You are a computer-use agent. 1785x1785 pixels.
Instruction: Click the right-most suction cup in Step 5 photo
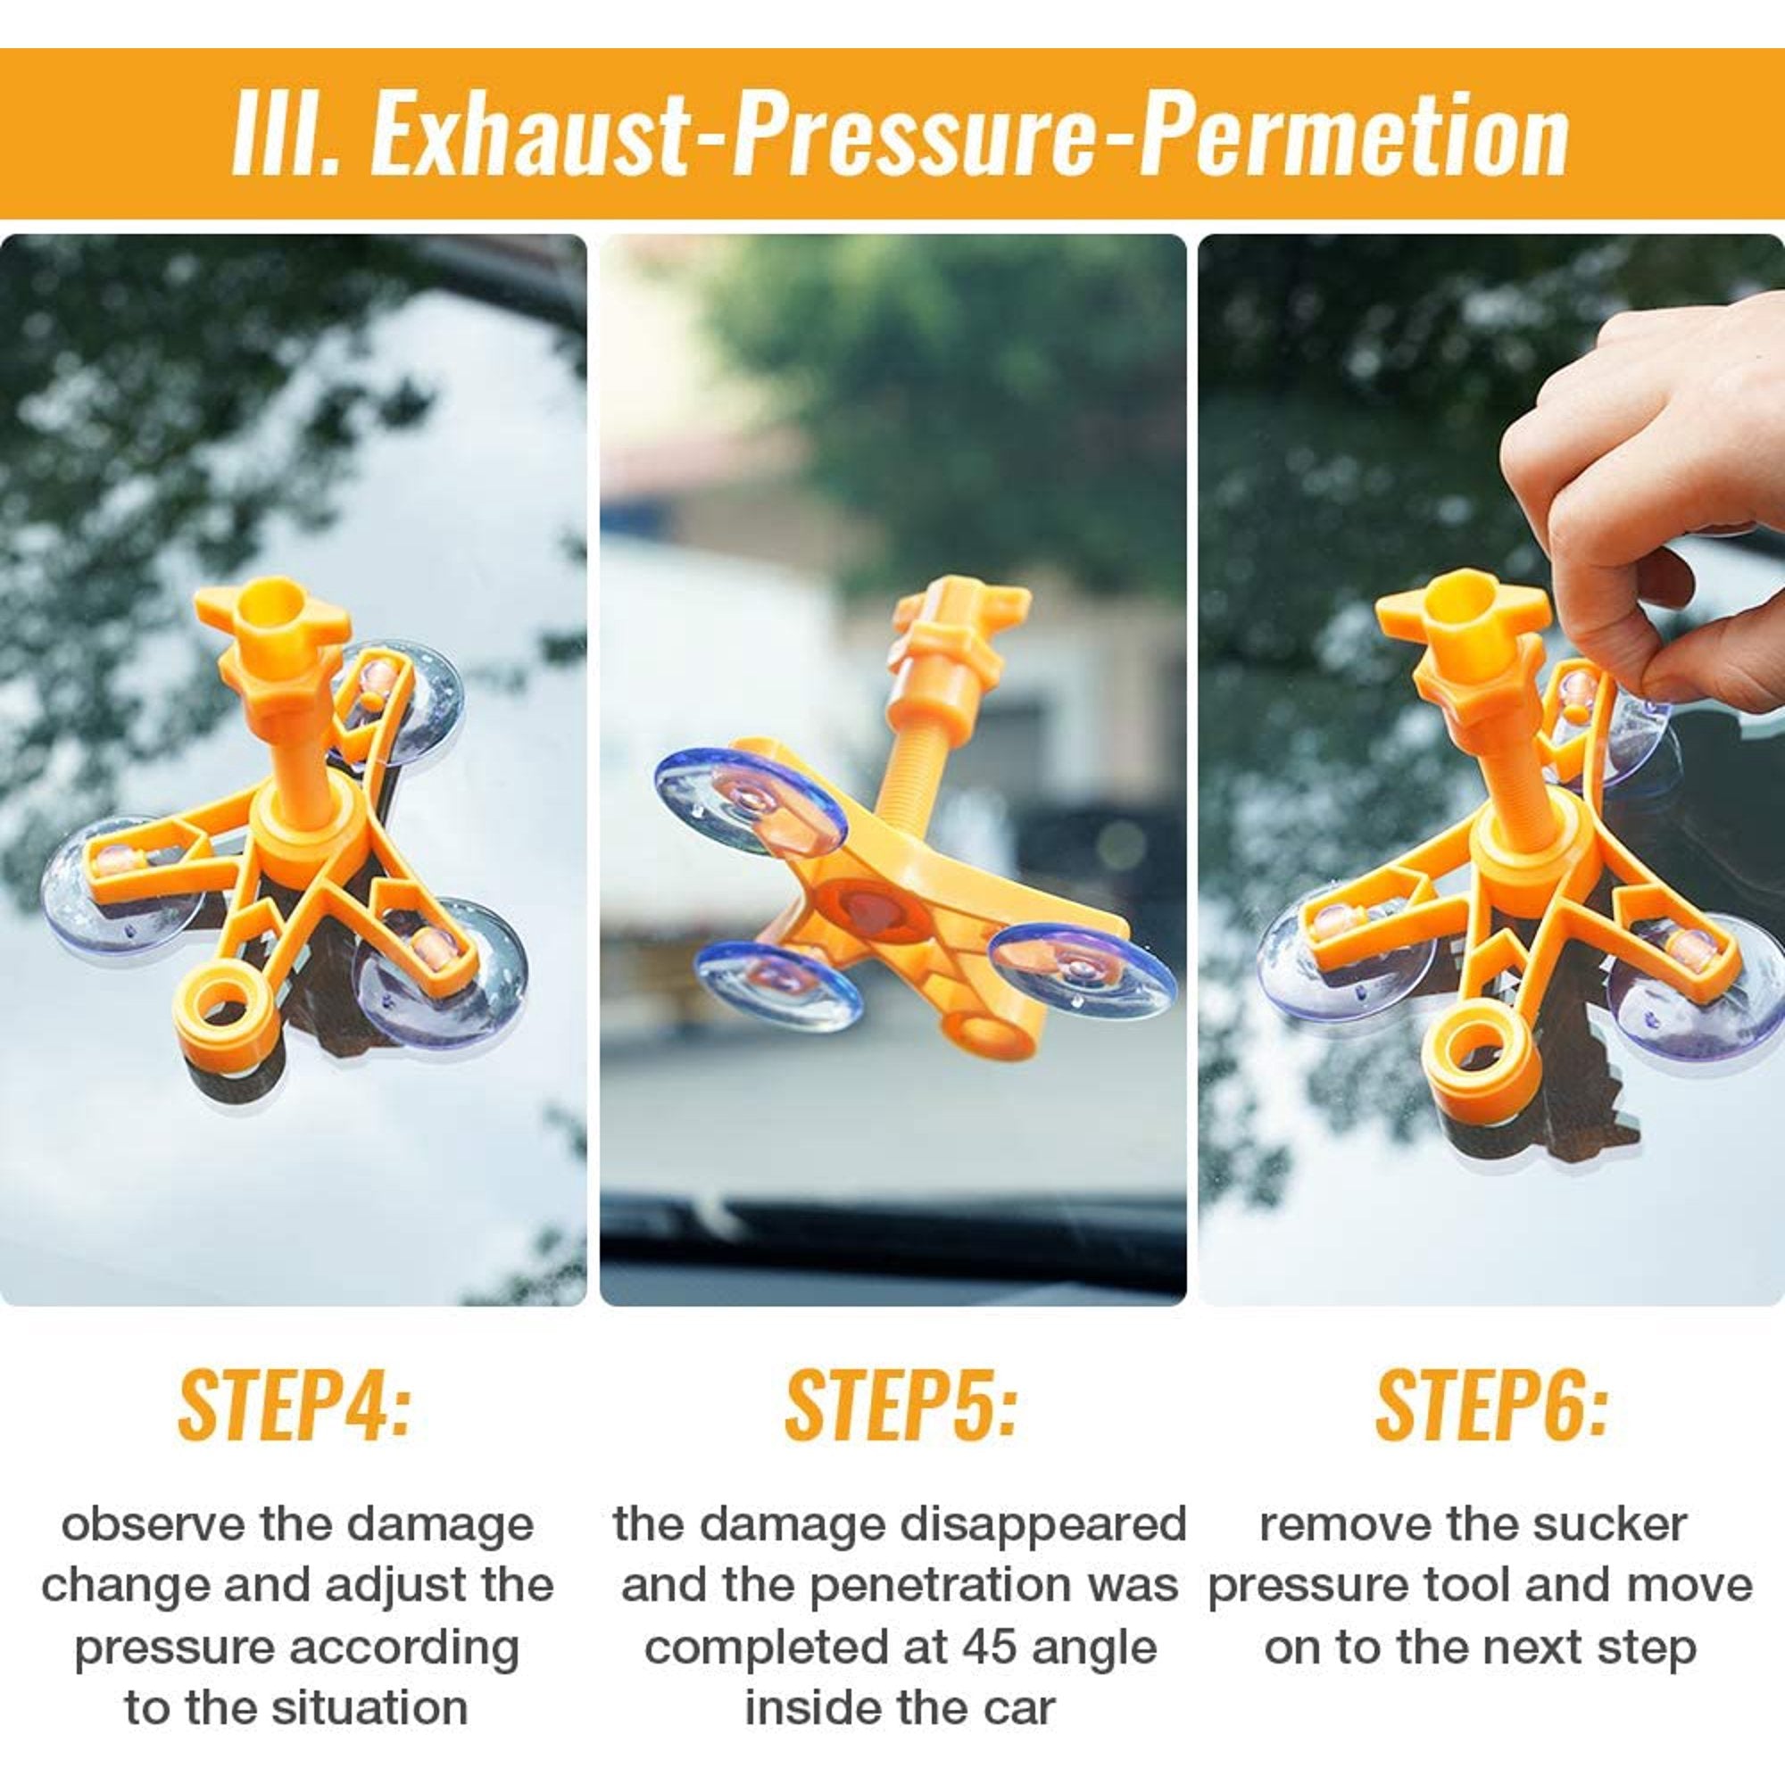1081,970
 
